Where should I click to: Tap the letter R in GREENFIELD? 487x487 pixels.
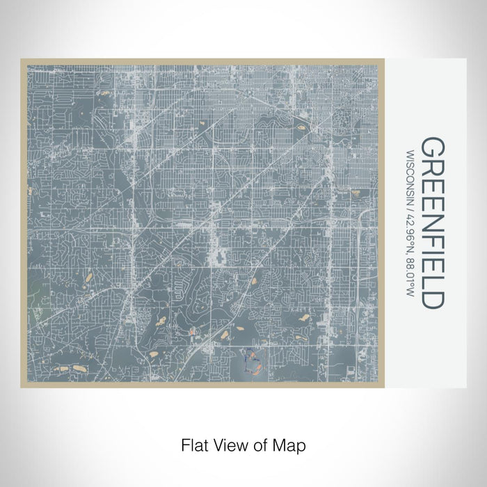click(434, 170)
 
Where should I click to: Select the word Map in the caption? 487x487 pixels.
click(289, 444)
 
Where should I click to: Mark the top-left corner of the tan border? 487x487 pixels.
click(22, 60)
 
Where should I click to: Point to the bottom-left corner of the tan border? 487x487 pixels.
click(22, 387)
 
